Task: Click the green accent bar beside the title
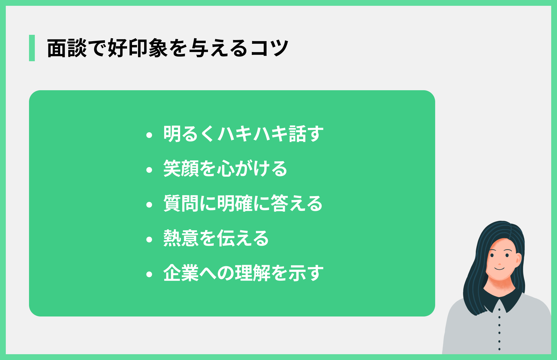click(32, 48)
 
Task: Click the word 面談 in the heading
click(67, 48)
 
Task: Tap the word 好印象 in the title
click(138, 48)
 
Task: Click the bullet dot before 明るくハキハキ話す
click(149, 135)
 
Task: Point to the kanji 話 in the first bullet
click(297, 134)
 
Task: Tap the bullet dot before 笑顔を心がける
click(149, 170)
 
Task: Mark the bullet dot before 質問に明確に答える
click(149, 205)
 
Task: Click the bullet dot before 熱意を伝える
click(149, 240)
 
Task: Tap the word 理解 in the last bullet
click(253, 273)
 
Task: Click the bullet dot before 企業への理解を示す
click(149, 274)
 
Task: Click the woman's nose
click(500, 264)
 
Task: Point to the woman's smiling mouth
click(500, 269)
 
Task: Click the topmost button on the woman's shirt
click(499, 310)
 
